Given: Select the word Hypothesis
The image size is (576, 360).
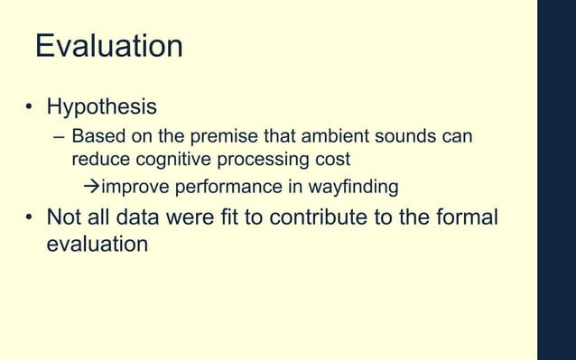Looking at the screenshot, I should [x=101, y=107].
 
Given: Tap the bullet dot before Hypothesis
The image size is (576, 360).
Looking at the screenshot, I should [x=29, y=108].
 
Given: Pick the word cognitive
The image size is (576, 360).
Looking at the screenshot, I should [x=172, y=160].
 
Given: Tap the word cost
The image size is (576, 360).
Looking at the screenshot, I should [x=330, y=160].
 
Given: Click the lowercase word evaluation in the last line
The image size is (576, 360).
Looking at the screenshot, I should [x=97, y=243].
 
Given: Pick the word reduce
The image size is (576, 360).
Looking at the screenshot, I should [x=100, y=160].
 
